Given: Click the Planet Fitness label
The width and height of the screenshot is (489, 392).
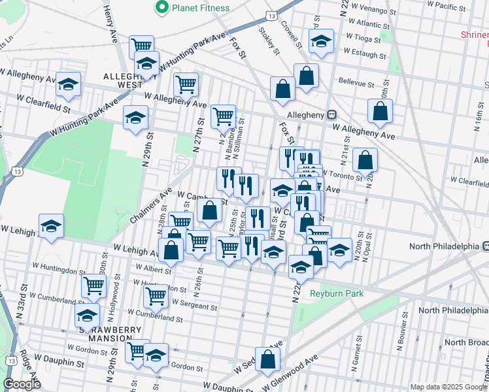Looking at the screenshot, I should (201, 8).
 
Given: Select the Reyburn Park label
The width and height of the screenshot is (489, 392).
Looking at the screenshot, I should (337, 294).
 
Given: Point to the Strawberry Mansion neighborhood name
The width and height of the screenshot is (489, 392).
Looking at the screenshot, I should (107, 330).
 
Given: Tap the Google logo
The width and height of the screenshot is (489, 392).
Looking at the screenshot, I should (22, 385).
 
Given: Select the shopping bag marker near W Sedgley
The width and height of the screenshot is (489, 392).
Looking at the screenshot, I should (267, 359).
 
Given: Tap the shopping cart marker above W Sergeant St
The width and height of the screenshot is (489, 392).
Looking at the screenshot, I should (156, 295).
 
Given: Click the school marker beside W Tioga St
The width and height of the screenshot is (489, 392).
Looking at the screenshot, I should (321, 41).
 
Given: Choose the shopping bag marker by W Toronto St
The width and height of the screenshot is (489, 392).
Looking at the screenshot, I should (365, 159).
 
